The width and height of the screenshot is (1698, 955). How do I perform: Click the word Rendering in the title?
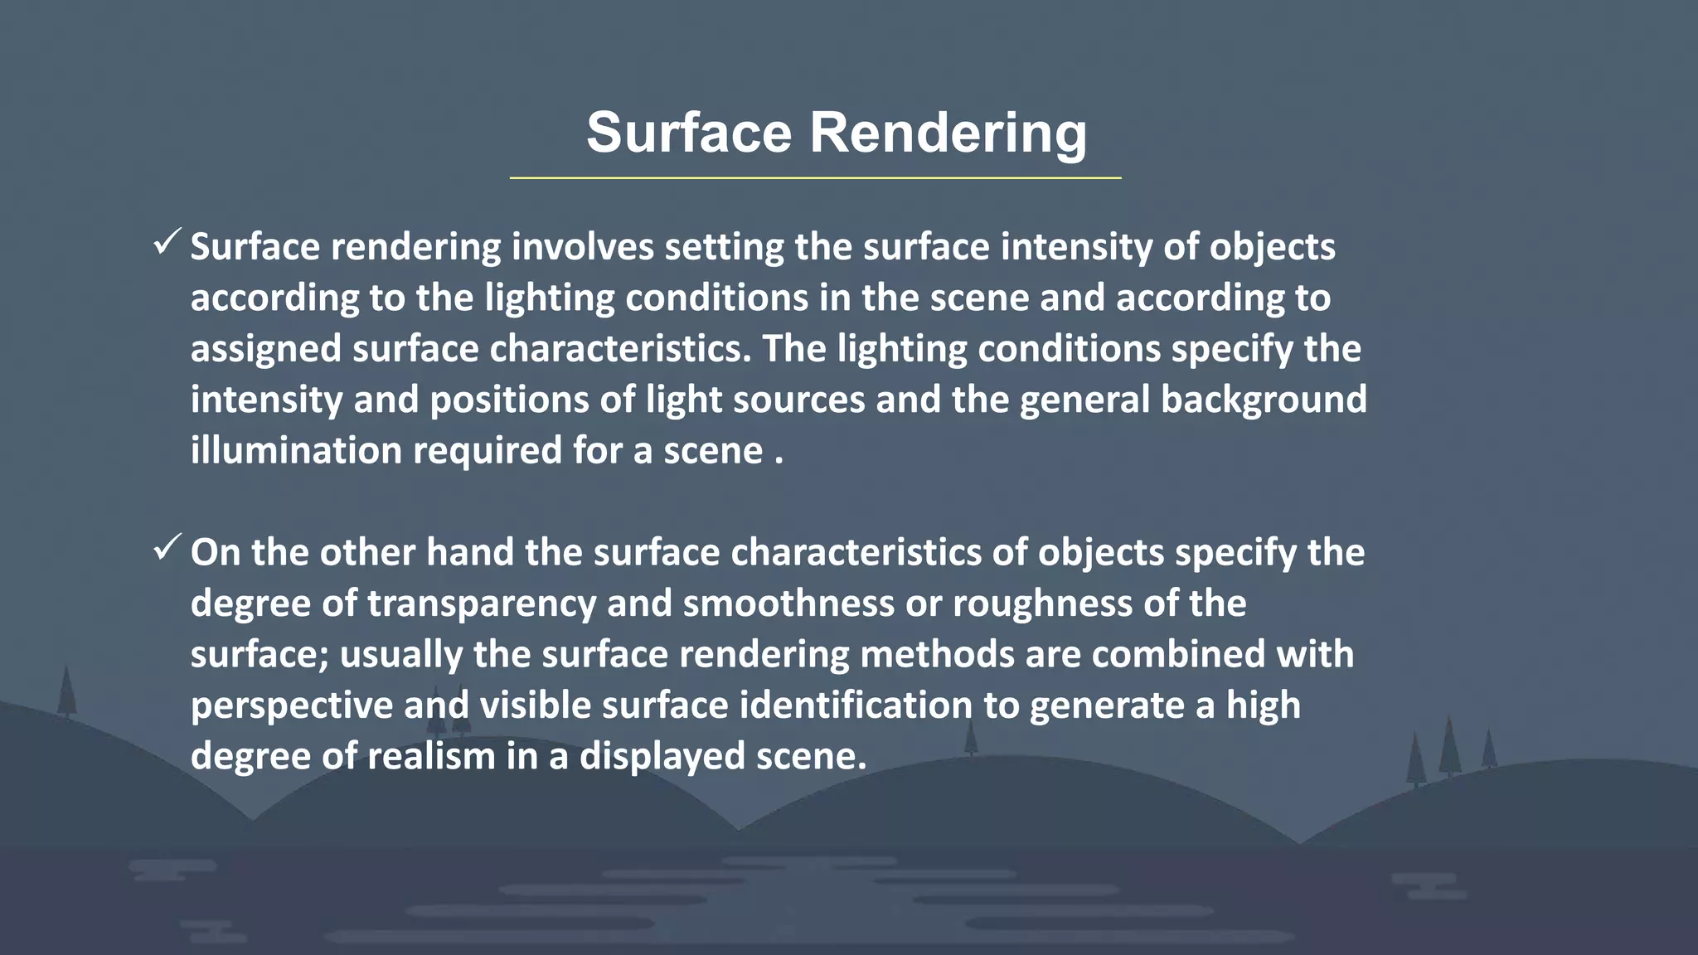tap(948, 133)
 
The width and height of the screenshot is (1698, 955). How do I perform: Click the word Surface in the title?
tap(689, 133)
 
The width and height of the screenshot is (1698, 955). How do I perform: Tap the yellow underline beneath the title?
tap(815, 178)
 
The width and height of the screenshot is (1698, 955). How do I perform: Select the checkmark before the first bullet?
tap(167, 243)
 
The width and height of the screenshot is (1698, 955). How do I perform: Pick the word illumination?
tap(296, 451)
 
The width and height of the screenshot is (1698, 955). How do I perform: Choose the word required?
tap(487, 451)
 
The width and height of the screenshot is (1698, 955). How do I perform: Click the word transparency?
tap(482, 604)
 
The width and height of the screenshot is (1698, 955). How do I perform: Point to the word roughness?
tap(1042, 604)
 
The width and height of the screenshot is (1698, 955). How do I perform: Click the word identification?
tap(856, 705)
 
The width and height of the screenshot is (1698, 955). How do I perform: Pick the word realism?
tap(431, 756)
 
